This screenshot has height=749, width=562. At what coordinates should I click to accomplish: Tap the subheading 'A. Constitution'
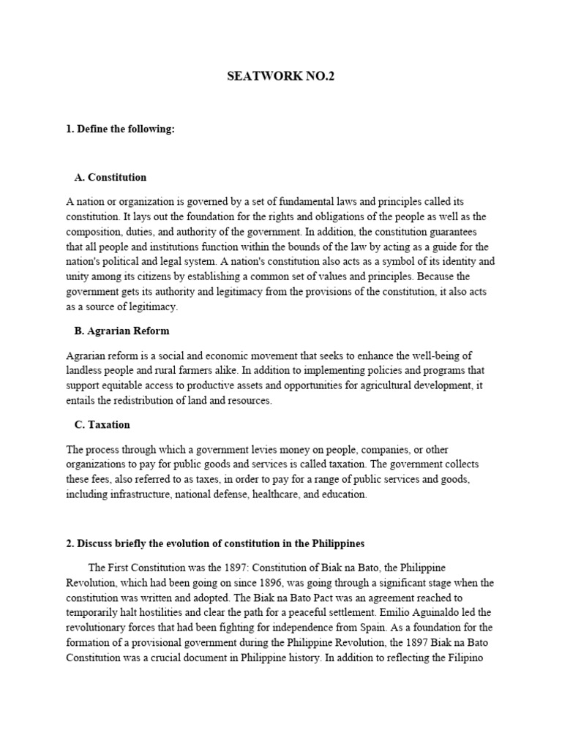tap(110, 178)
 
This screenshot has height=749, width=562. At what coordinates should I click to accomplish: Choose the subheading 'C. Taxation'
tap(102, 424)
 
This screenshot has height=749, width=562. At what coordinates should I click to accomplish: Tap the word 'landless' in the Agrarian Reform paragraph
tap(84, 371)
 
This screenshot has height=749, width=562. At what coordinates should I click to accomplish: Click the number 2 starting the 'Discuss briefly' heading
tap(69, 544)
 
